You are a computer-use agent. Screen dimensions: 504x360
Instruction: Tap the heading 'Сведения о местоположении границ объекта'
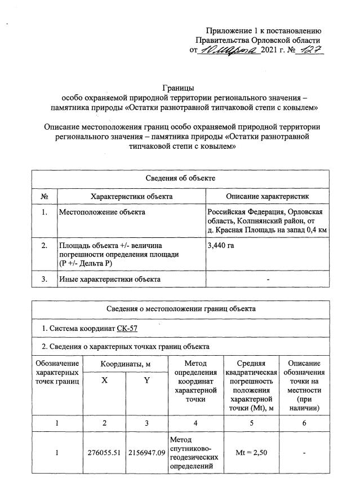[181, 309]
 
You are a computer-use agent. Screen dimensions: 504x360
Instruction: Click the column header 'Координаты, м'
[125, 364]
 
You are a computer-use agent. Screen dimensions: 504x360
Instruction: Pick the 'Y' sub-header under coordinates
[146, 381]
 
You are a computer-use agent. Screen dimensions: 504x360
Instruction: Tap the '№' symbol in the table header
[44, 196]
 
